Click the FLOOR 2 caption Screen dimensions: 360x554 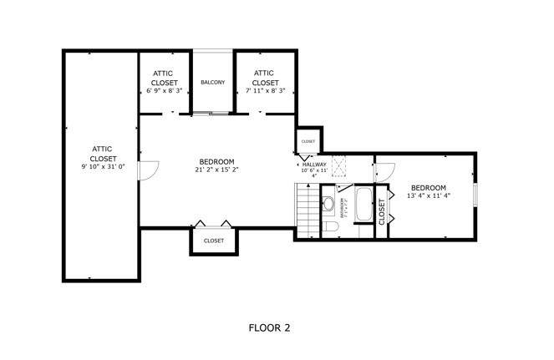(269, 328)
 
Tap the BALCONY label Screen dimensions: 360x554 (213, 82)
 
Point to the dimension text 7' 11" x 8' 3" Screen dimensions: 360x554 (265, 91)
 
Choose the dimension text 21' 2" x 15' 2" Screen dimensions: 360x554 (216, 170)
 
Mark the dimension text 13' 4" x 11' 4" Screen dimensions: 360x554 (427, 196)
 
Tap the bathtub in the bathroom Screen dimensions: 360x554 (364, 205)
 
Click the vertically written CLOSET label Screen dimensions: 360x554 (382, 211)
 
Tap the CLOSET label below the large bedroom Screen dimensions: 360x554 (213, 241)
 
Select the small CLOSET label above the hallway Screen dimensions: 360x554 (307, 141)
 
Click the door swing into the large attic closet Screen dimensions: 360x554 (147, 170)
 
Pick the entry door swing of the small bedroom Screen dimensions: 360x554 (382, 171)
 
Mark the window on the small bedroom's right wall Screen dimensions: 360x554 (475, 195)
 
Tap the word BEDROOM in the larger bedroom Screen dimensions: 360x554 (216, 161)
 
